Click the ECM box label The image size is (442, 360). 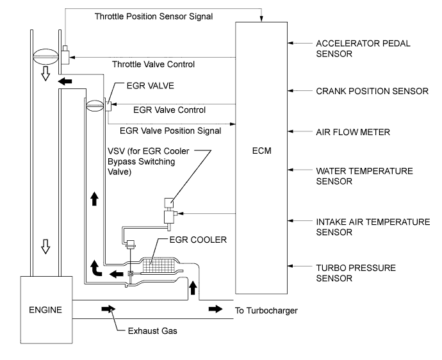coord(263,152)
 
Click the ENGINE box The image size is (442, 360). coord(46,311)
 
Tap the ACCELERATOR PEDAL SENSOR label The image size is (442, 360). coord(354,49)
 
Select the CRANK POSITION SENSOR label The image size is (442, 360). coord(372,91)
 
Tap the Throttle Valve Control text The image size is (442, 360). coord(153,64)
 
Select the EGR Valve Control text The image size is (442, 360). coord(170,110)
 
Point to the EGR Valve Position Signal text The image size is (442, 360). coord(170,131)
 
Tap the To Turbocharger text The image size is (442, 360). coord(266,311)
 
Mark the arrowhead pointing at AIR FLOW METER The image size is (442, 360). coord(292,132)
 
